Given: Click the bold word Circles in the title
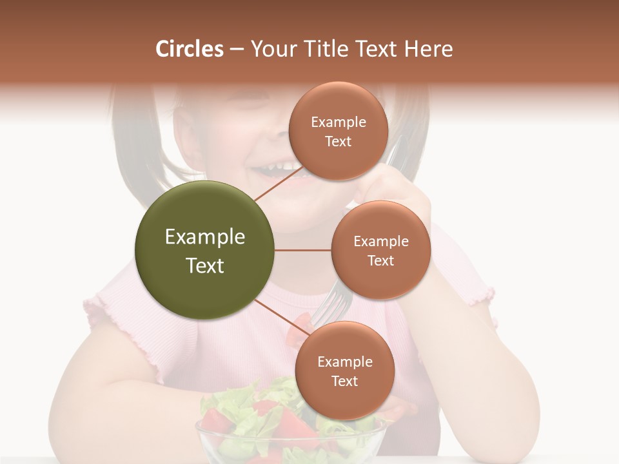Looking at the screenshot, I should (190, 49).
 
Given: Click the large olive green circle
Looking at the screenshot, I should (205, 250).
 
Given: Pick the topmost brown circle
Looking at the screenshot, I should (338, 131).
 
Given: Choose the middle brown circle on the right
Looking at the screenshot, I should (380, 250).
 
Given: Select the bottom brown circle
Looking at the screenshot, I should (344, 371).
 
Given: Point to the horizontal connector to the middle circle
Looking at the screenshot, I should (303, 250).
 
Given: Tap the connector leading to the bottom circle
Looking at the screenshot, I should (277, 319).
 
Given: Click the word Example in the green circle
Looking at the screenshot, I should (205, 237).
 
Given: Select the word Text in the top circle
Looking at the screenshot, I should (338, 142).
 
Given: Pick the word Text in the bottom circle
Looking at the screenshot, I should (344, 382).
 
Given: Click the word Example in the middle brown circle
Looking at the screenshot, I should (380, 242).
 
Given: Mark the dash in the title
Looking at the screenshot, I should (237, 49).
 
